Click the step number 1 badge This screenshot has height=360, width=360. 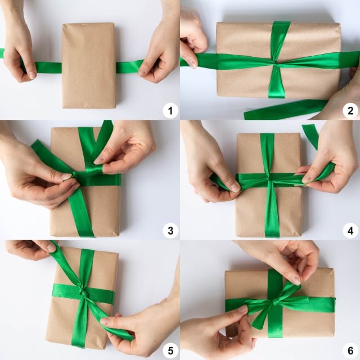[x=170, y=111]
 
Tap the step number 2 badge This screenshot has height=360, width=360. [x=350, y=111]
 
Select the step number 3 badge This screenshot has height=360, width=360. [x=170, y=231]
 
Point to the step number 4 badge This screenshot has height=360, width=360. [x=350, y=231]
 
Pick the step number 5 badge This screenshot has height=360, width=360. [x=170, y=350]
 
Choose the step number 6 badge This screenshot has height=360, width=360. [x=350, y=350]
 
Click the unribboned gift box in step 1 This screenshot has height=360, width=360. [x=89, y=65]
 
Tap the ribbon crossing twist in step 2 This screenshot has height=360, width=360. [x=276, y=62]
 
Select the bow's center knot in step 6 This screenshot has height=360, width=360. [x=275, y=303]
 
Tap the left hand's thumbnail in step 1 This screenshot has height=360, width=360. [x=33, y=74]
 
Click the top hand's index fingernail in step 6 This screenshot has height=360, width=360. [x=297, y=280]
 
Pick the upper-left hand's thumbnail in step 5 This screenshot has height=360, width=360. [x=51, y=247]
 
